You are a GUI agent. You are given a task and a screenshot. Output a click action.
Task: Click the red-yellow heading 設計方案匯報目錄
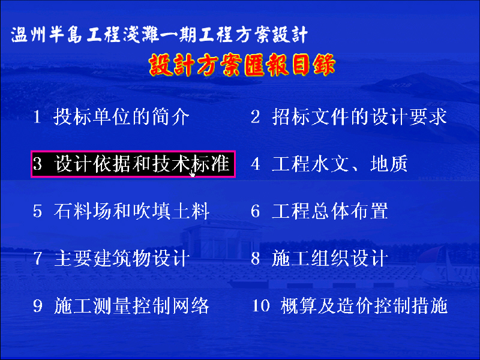pyautogui.click(x=242, y=65)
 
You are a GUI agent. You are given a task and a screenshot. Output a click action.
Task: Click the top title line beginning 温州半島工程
pyautogui.click(x=159, y=34)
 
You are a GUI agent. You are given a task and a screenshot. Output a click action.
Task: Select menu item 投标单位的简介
pyautogui.click(x=122, y=116)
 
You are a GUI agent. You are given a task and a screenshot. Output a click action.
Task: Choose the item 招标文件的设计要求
pyautogui.click(x=359, y=116)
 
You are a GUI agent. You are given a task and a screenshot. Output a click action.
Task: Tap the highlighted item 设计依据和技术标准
pyautogui.click(x=142, y=164)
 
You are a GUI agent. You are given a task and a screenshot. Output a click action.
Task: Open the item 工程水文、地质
pyautogui.click(x=340, y=164)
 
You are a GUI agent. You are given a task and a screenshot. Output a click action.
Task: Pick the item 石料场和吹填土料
pyautogui.click(x=131, y=211)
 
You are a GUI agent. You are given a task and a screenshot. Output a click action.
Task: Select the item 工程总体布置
pyautogui.click(x=330, y=211)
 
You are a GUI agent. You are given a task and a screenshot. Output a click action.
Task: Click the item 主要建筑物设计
pyautogui.click(x=122, y=259)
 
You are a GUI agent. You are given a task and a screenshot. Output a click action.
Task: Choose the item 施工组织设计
pyautogui.click(x=330, y=259)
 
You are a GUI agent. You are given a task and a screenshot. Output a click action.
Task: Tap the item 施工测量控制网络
pyautogui.click(x=131, y=305)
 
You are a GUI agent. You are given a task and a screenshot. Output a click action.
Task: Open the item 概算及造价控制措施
pyautogui.click(x=364, y=305)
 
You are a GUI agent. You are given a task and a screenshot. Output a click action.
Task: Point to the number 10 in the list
pyautogui.click(x=260, y=306)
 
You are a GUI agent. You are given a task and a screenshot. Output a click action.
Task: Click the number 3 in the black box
pyautogui.click(x=37, y=164)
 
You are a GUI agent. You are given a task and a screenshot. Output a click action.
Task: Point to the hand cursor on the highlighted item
pyautogui.click(x=192, y=173)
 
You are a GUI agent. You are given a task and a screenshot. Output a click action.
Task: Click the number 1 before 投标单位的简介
pyautogui.click(x=37, y=117)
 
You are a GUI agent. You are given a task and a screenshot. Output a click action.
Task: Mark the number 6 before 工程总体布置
pyautogui.click(x=256, y=211)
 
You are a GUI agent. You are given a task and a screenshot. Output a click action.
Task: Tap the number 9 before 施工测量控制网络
pyautogui.click(x=37, y=306)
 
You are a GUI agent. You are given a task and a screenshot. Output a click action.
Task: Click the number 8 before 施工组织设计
pyautogui.click(x=256, y=259)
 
